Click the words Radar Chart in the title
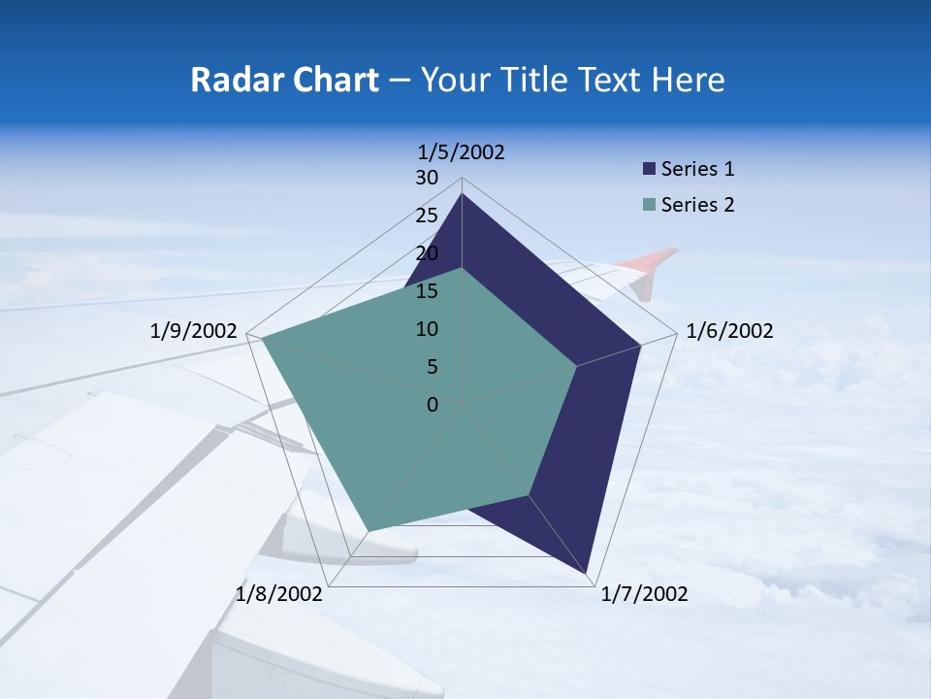(284, 80)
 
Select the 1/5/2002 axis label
(462, 152)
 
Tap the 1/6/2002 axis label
(729, 332)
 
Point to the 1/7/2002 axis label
(645, 594)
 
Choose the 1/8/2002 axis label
(279, 594)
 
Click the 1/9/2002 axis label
(193, 332)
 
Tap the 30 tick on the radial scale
(427, 178)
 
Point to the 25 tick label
(427, 216)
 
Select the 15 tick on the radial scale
(427, 291)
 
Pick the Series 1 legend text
(697, 169)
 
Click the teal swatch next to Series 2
(649, 205)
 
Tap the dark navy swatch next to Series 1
(649, 169)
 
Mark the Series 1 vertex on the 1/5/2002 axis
(462, 194)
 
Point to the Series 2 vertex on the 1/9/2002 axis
(260, 338)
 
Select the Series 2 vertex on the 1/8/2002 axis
(368, 531)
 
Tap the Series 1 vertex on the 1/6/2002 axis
(641, 345)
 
